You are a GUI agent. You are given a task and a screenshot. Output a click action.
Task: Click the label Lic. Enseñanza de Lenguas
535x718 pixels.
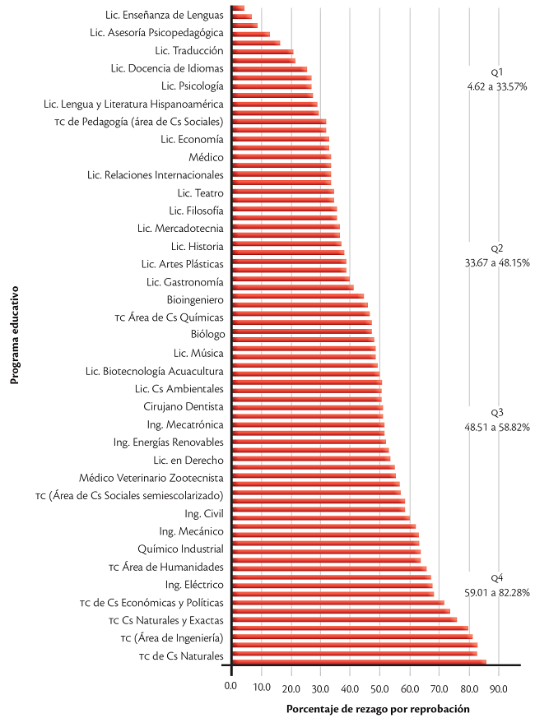(165, 15)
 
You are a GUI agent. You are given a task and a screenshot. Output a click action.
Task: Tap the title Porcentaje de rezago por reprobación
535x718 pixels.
(378, 708)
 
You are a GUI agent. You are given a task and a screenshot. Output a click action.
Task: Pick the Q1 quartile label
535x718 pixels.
(496, 72)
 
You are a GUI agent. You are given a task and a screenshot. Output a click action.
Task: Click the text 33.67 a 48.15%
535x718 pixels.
(496, 263)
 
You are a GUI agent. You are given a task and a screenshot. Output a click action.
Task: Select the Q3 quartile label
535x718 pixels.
(496, 413)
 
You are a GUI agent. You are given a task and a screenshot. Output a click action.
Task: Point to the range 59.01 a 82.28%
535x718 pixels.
(496, 592)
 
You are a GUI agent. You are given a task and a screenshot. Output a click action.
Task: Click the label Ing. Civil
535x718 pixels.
(204, 513)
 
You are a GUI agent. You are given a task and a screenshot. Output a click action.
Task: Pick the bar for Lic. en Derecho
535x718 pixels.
(309, 459)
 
